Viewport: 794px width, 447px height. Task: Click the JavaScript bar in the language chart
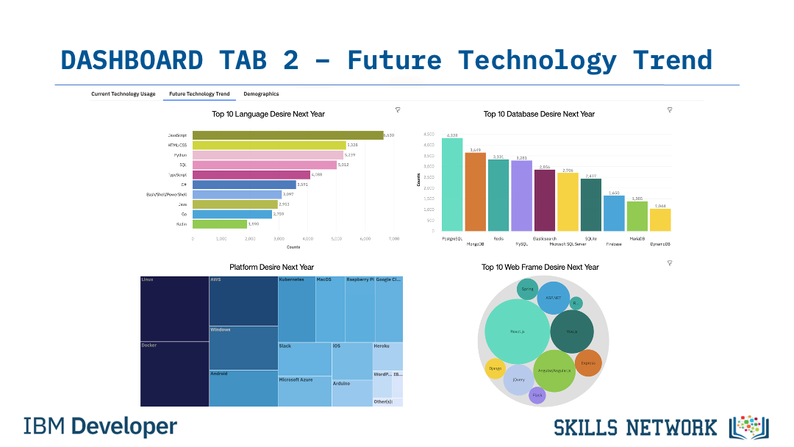tap(287, 135)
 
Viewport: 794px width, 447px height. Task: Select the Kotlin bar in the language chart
tap(220, 223)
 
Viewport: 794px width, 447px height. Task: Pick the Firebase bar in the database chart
tap(614, 213)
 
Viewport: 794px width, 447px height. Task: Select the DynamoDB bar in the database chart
tap(660, 220)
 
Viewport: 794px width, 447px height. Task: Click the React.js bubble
tap(517, 332)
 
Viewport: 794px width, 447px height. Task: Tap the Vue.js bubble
tap(571, 332)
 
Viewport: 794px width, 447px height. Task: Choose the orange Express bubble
tap(588, 362)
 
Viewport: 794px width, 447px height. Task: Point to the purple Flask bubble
tap(537, 396)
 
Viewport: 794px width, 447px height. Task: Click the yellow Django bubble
tap(496, 368)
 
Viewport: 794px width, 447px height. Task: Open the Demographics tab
tap(261, 94)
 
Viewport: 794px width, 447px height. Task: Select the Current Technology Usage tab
tap(124, 94)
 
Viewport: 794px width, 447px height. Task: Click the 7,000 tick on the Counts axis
tap(393, 239)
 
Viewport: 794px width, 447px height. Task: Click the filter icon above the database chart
tap(670, 110)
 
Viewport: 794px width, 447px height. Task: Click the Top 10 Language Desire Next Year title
tap(268, 114)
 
